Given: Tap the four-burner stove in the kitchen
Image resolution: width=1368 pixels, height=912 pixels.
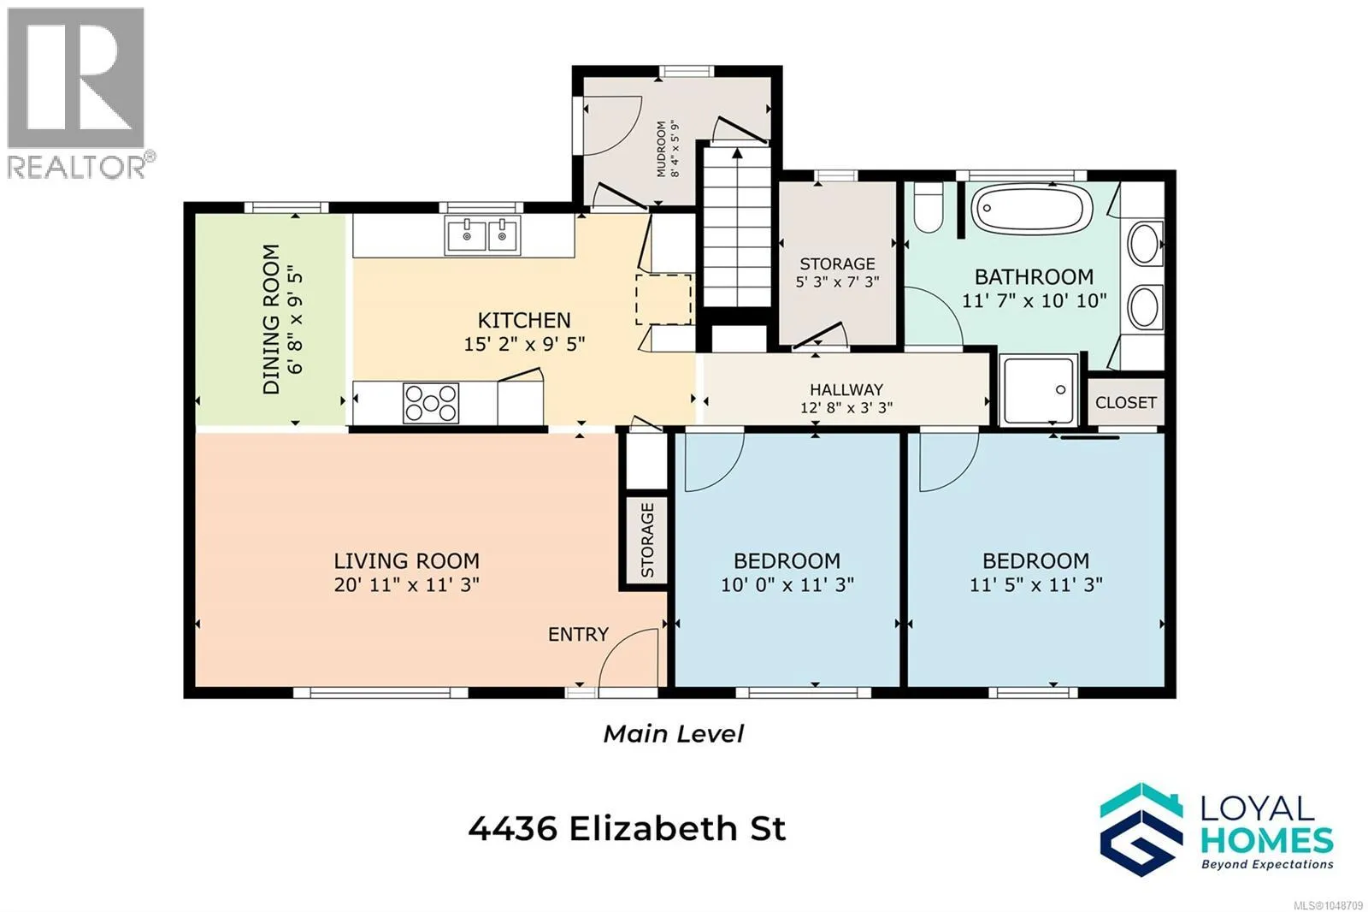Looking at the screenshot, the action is point(431,403).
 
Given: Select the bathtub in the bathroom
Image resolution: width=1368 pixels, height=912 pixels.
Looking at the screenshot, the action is point(1031,209).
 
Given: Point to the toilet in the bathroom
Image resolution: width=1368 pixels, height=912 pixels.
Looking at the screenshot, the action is point(929,208).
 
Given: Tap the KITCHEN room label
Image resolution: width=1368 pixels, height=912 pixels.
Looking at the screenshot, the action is point(524,320).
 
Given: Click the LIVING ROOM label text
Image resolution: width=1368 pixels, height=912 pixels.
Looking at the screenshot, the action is point(407,561).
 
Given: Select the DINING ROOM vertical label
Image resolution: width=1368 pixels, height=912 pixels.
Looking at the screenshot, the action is point(271,319).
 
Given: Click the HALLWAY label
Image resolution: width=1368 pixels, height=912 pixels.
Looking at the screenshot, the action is point(846,389).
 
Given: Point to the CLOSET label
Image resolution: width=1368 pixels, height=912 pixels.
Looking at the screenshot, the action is point(1126,403).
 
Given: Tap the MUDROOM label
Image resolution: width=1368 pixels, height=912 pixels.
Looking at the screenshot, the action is point(662,149).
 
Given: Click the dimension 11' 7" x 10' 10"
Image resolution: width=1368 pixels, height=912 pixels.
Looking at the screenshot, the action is point(1034,301).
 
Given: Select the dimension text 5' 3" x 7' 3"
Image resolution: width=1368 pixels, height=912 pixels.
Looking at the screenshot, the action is point(837,281).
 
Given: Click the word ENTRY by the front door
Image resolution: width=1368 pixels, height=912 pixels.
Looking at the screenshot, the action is point(578,635).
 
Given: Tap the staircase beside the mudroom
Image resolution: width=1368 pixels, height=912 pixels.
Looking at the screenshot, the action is point(738,227).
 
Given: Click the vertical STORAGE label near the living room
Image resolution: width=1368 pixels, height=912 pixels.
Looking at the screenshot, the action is point(647,541).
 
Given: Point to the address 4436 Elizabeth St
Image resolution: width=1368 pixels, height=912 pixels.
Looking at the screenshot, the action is point(628,829).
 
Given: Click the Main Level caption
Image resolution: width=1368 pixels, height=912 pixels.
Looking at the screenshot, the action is point(674,733).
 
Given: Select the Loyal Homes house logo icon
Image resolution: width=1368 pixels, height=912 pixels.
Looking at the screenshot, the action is point(1141,830).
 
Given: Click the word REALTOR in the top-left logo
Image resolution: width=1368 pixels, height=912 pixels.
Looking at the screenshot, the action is point(76,167).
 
